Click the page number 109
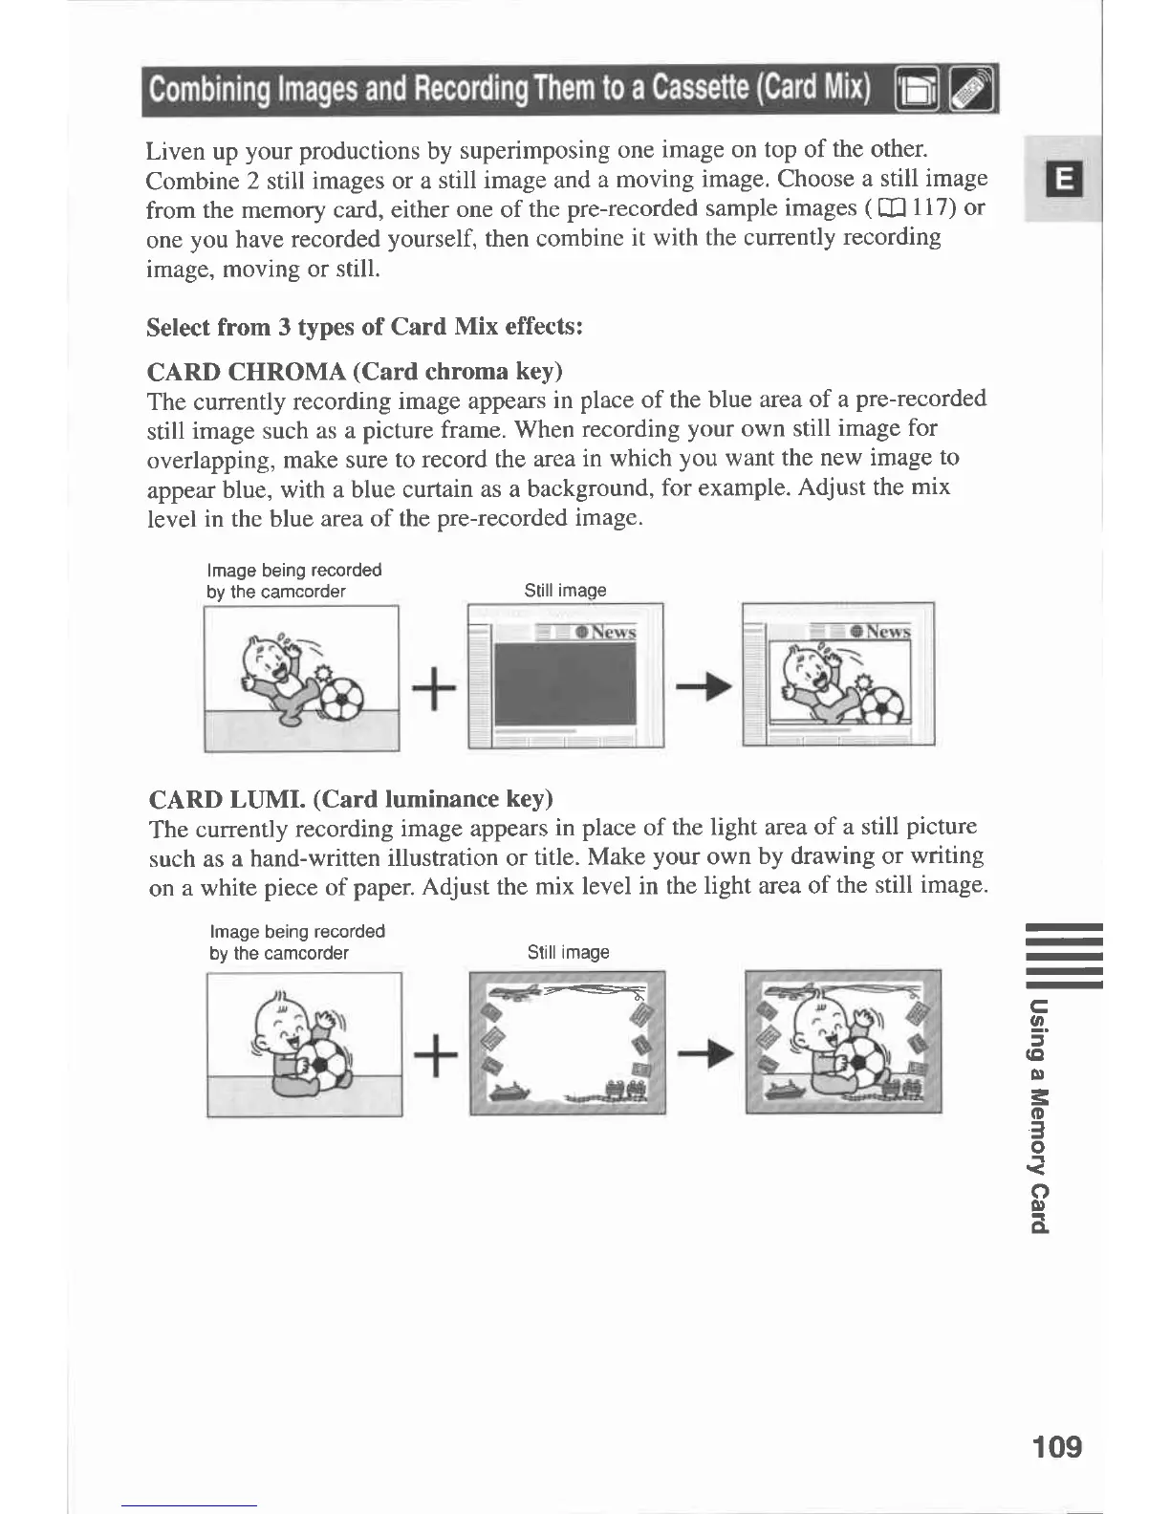(1057, 1445)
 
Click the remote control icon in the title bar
(973, 91)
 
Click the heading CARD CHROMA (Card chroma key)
(355, 371)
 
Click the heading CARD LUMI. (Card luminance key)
(351, 798)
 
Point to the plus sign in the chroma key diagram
(433, 688)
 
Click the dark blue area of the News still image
(564, 683)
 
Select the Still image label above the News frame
(565, 591)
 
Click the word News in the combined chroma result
(888, 632)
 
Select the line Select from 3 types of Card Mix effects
(364, 327)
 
